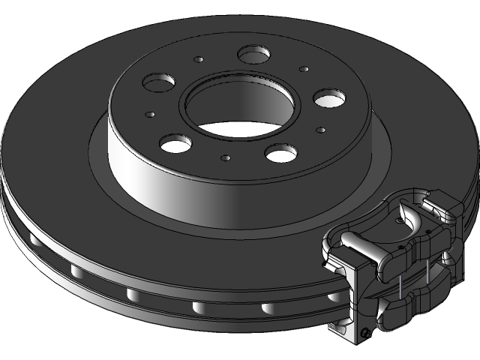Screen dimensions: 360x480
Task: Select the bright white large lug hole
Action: click(329, 97)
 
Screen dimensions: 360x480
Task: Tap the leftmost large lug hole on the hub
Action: click(160, 82)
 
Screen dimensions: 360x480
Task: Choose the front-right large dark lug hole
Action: click(280, 153)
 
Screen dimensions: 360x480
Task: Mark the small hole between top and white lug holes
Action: click(304, 69)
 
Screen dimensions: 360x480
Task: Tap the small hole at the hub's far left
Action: click(150, 115)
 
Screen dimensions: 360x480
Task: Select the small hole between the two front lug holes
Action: click(225, 158)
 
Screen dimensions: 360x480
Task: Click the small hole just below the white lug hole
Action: click(320, 130)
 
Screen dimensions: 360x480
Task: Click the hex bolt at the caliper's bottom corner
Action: click(365, 332)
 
